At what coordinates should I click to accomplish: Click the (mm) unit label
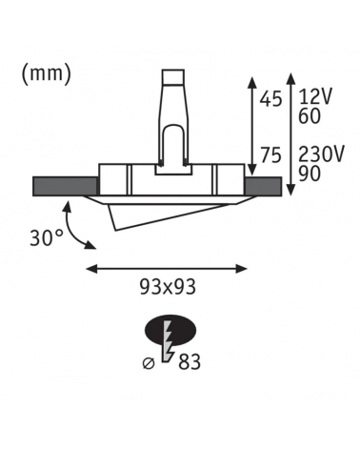(x=47, y=74)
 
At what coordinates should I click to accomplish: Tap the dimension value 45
(x=270, y=98)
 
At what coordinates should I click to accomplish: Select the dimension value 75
(x=270, y=156)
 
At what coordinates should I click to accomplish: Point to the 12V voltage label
(x=315, y=97)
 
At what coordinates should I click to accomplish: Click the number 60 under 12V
(x=310, y=115)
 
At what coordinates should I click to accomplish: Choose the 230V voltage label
(x=322, y=155)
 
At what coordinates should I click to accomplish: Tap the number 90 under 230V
(x=310, y=174)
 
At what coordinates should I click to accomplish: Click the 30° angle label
(x=47, y=238)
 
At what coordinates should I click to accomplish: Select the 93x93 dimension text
(x=168, y=288)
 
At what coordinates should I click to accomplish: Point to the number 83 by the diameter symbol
(x=190, y=362)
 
